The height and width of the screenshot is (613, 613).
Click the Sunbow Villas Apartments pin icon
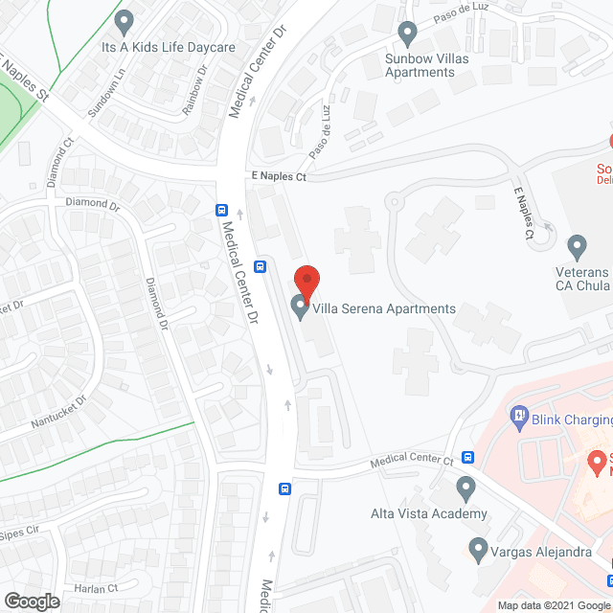408,34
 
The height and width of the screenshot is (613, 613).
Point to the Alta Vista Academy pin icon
466,489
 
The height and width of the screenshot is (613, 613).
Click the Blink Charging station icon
520,416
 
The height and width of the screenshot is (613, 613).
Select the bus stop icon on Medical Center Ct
467,458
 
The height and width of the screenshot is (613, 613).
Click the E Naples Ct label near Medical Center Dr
278,177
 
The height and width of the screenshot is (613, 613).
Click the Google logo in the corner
31,601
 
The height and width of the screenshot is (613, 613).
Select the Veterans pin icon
577,247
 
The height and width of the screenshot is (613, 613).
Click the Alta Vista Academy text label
429,514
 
